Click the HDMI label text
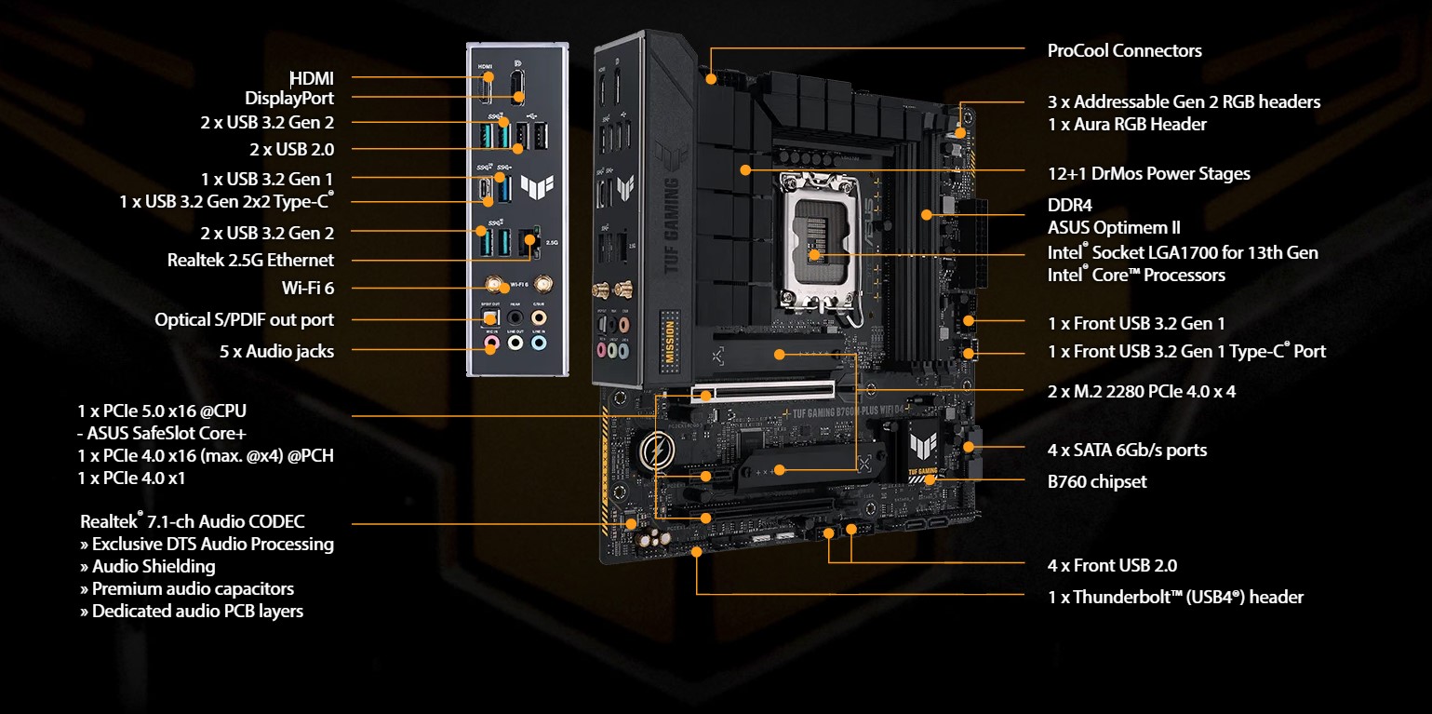312,78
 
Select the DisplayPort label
289,98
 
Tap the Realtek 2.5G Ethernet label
250,260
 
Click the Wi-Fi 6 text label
308,288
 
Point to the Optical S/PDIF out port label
244,319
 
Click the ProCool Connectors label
1124,50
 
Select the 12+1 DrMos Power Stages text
1148,173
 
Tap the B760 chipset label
1097,481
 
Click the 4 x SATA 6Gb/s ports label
1127,450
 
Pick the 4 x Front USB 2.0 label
1112,565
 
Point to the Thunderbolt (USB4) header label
1175,597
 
